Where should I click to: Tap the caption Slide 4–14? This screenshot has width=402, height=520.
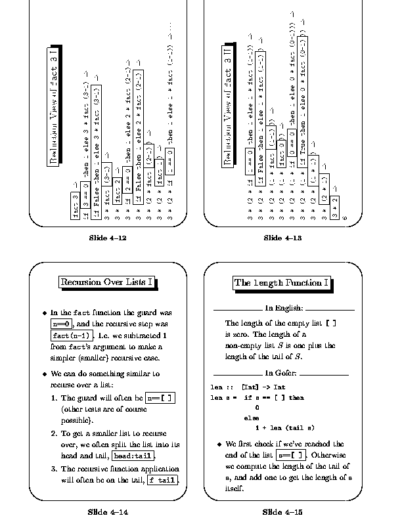[108, 511]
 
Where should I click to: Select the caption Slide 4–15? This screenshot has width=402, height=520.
[280, 511]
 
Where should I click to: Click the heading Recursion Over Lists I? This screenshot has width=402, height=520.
[108, 282]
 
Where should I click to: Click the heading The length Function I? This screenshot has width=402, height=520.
[281, 283]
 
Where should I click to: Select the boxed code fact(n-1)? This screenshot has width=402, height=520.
[68, 336]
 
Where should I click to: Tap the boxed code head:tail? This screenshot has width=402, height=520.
[133, 456]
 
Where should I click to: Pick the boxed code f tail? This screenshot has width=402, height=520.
[162, 480]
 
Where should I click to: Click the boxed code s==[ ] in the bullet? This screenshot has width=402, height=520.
[290, 454]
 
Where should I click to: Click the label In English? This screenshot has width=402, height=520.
[284, 308]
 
